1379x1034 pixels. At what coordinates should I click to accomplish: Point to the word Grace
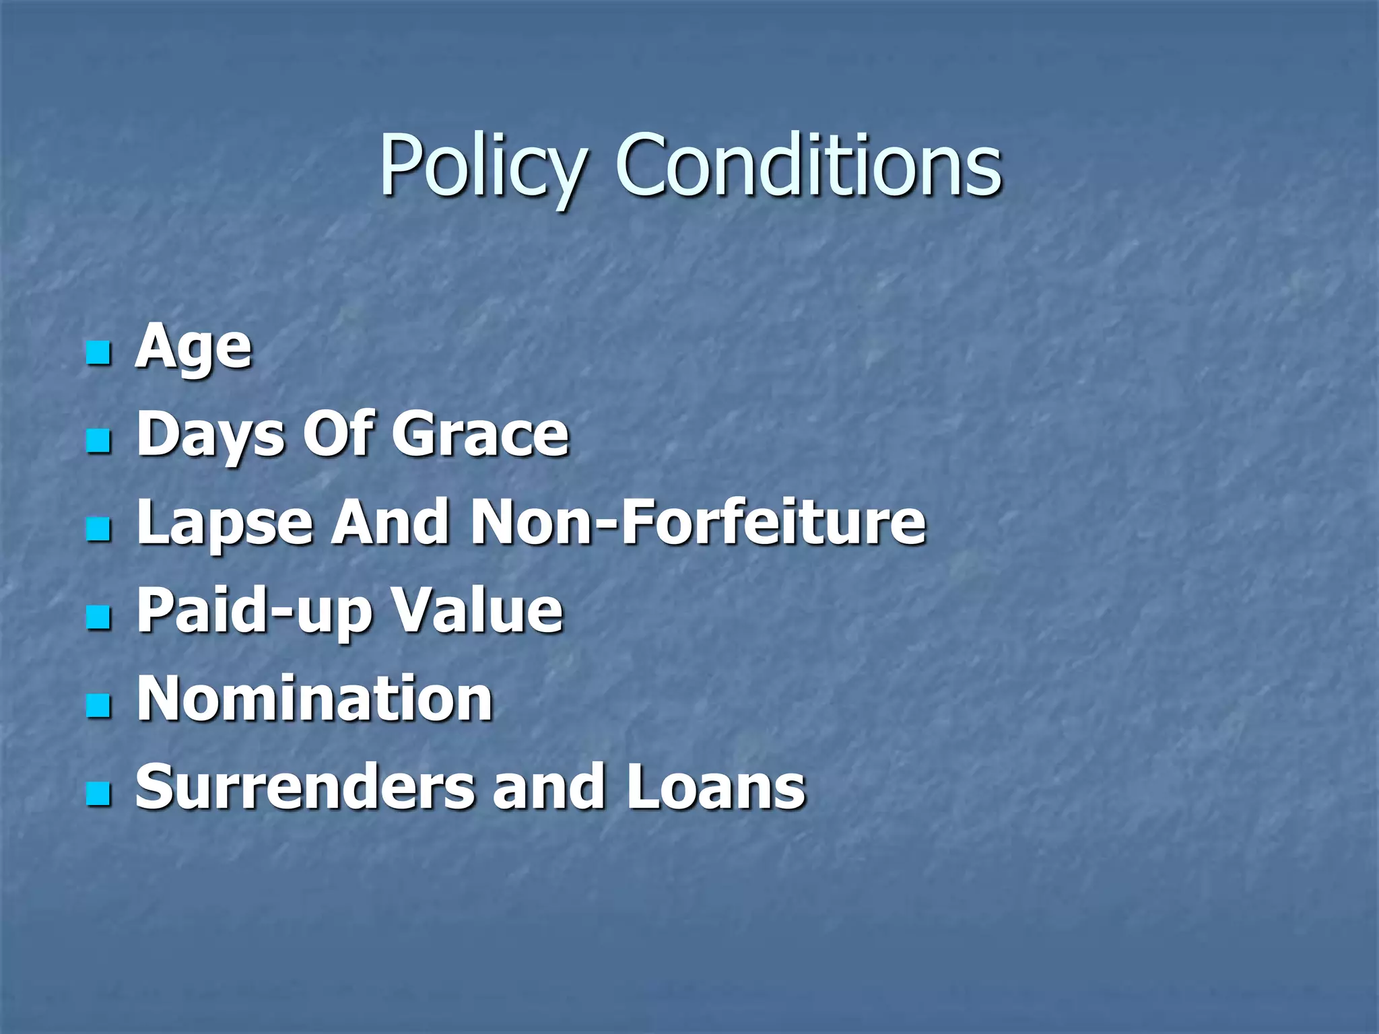point(481,434)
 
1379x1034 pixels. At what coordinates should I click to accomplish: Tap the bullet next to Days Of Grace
point(98,442)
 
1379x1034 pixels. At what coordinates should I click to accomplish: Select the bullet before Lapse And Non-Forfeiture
point(98,530)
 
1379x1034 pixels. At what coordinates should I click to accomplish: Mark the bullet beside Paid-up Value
point(98,618)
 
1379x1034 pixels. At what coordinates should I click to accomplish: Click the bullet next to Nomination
point(98,706)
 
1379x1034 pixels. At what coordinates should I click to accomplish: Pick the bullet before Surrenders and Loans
point(98,794)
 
